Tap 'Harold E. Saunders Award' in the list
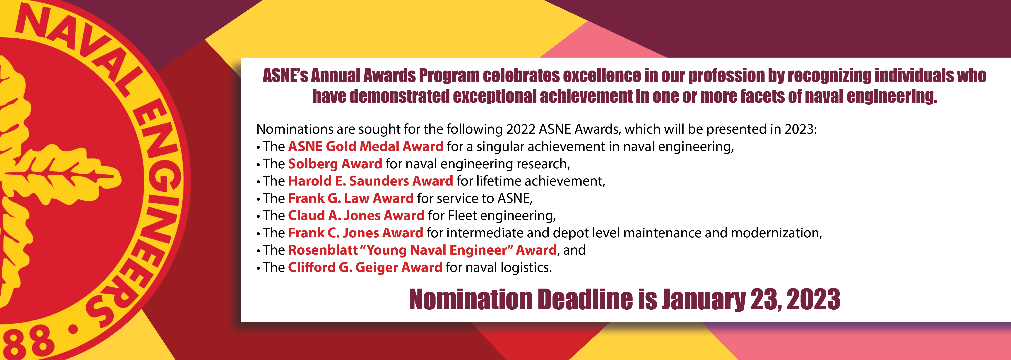tap(370, 181)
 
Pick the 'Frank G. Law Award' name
tap(351, 198)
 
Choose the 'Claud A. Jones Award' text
tap(356, 215)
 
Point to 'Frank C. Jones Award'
tap(356, 233)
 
